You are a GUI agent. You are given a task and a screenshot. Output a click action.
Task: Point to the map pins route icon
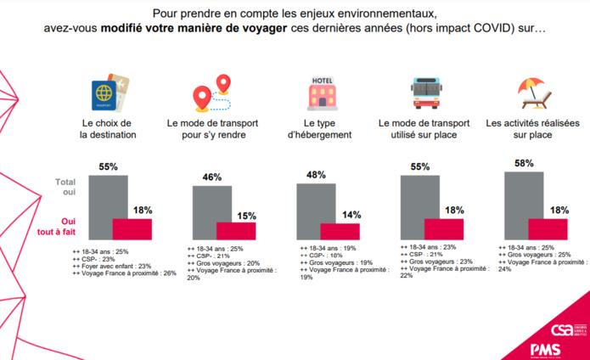[212, 92]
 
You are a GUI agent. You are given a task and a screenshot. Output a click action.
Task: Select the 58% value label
[524, 163]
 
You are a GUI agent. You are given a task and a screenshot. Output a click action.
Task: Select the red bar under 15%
[236, 232]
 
